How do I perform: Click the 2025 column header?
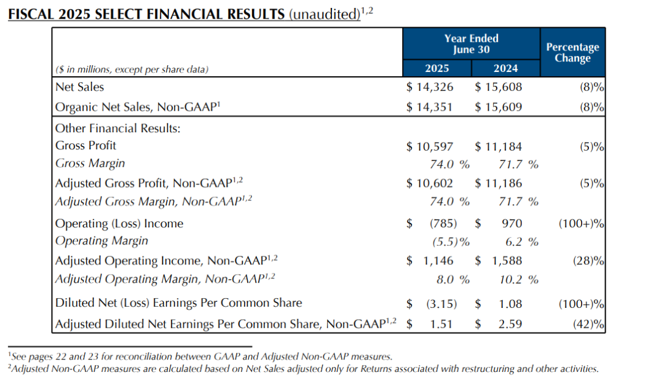click(x=437, y=68)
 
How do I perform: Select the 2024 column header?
click(x=505, y=68)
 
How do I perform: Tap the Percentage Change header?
click(x=572, y=53)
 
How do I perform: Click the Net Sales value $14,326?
click(x=430, y=87)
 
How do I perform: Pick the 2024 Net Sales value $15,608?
click(x=498, y=87)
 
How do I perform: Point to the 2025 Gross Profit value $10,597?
click(x=430, y=146)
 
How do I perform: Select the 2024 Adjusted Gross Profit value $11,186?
click(x=498, y=183)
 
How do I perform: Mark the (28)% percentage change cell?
click(x=588, y=261)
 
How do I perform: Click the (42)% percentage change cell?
click(x=588, y=324)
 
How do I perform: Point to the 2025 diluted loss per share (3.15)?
click(x=440, y=303)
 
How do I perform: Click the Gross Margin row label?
click(x=90, y=163)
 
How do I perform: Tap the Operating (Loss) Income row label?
click(x=119, y=224)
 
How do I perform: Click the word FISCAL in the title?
click(x=30, y=14)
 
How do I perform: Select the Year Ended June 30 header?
click(x=472, y=44)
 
